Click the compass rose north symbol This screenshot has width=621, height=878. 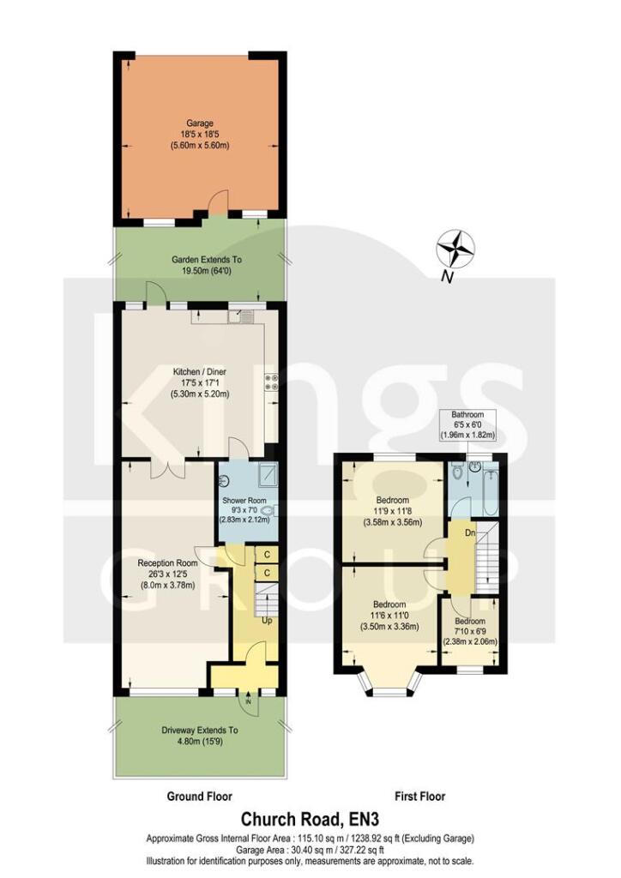pos(456,250)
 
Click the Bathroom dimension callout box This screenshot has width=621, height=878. pos(469,425)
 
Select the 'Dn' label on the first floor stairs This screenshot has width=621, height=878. pos(469,533)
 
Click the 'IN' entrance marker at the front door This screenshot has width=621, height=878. pos(249,701)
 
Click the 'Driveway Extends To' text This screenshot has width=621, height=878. pos(200,731)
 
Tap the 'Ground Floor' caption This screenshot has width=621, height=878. pos(199,797)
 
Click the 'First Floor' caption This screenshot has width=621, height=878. pos(419,797)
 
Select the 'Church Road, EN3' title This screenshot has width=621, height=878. pos(310,819)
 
